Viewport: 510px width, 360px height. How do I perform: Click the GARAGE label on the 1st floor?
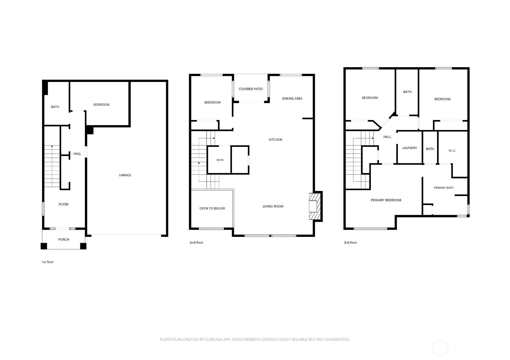click(125, 175)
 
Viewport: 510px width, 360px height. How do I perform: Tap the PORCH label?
click(63, 239)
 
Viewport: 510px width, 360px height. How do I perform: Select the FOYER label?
click(63, 204)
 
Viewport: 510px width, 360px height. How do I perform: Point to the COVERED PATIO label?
click(251, 89)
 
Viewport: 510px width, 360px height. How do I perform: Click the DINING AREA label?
click(292, 99)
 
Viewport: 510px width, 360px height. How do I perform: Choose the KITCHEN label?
click(275, 139)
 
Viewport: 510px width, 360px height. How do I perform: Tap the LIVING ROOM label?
click(273, 206)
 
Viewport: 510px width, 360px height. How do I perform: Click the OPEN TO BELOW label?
click(212, 208)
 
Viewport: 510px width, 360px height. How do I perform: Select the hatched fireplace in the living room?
click(315, 206)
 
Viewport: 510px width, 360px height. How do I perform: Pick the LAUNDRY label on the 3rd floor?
click(410, 148)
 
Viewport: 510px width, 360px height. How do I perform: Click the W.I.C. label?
click(452, 151)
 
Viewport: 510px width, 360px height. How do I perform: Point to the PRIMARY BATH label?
click(443, 188)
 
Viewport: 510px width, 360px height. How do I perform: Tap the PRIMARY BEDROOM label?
click(386, 200)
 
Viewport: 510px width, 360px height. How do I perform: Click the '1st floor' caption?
click(48, 262)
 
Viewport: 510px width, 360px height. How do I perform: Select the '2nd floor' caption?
click(196, 242)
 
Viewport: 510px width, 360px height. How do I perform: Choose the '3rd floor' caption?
click(350, 242)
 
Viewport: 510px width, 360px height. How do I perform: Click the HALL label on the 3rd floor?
click(387, 137)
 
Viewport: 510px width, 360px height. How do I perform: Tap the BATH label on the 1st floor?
click(55, 107)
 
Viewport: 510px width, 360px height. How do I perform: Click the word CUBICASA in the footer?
click(214, 339)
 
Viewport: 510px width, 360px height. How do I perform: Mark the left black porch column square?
click(44, 246)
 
